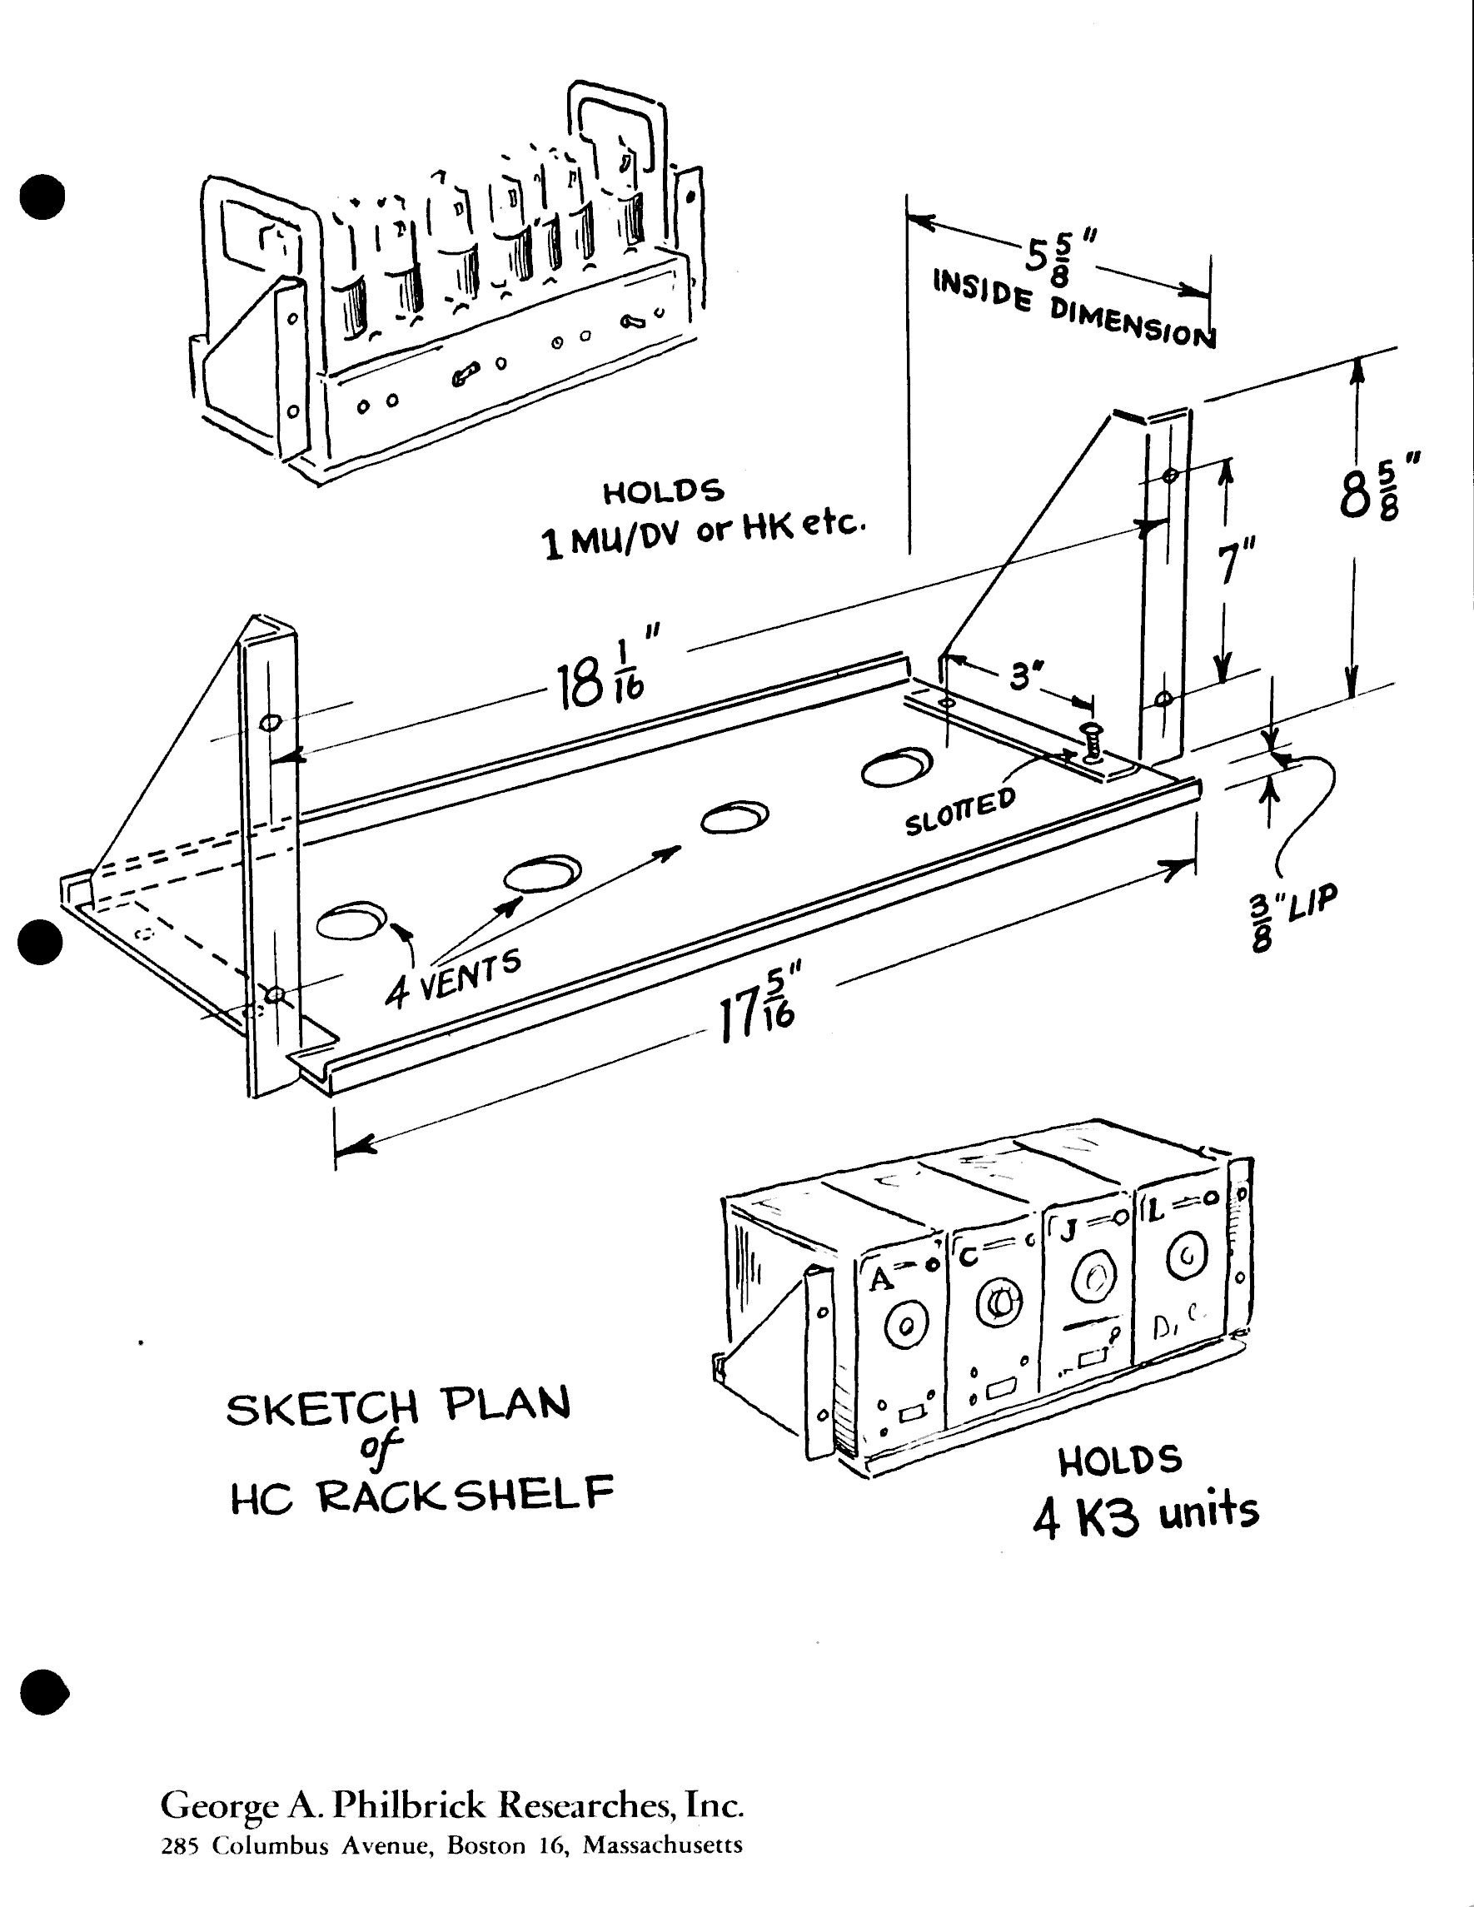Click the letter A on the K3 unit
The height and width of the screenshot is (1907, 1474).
point(880,1280)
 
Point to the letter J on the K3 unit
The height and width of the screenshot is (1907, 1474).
point(1067,1231)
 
